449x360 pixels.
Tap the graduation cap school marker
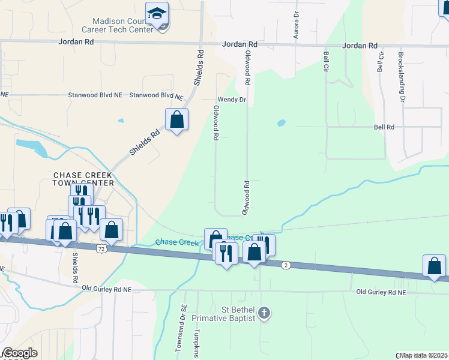[157, 13]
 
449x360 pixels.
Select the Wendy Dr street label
[231, 100]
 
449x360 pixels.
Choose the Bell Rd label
[384, 127]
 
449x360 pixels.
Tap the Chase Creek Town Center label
[83, 179]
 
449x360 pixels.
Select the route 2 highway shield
[286, 265]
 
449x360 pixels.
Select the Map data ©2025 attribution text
[424, 355]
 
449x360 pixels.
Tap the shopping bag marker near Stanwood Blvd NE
[176, 120]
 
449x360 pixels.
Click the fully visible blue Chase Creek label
[176, 242]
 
